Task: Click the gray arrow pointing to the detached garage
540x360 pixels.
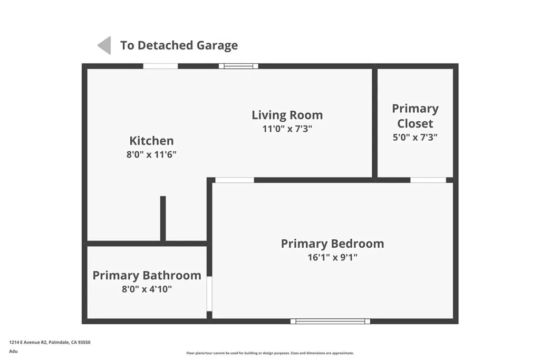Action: [104, 45]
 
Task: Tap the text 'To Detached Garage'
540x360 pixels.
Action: [179, 45]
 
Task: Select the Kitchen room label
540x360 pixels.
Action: [151, 141]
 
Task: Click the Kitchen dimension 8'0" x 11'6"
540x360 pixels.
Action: [151, 155]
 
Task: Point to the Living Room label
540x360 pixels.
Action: [287, 115]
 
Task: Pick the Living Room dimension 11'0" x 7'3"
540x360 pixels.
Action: [287, 129]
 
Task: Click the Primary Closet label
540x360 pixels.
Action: [415, 116]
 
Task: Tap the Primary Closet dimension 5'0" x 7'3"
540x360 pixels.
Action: [415, 137]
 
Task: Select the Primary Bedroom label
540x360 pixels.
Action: [332, 244]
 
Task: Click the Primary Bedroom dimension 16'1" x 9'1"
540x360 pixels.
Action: [332, 258]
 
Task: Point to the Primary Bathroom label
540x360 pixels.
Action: [147, 275]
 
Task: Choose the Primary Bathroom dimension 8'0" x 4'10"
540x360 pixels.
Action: [147, 289]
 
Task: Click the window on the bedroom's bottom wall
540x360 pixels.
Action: [330, 321]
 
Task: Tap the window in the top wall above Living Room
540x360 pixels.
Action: [238, 66]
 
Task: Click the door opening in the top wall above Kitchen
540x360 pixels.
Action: [160, 66]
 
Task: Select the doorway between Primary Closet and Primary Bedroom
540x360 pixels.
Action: [428, 180]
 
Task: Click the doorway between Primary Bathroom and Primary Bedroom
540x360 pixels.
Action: [209, 294]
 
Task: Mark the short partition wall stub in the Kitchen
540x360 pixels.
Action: [163, 218]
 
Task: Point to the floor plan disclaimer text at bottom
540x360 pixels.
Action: [269, 353]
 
